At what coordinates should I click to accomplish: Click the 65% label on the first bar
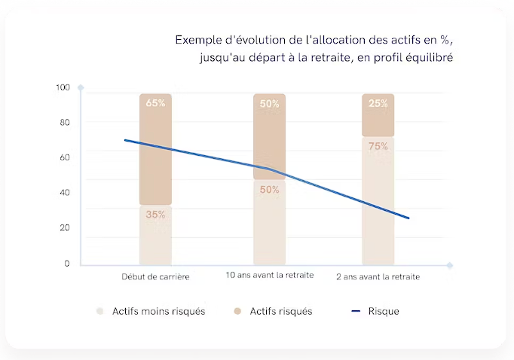pos(155,103)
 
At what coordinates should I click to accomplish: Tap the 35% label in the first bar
pos(155,215)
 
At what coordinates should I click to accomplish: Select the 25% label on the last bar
pos(378,104)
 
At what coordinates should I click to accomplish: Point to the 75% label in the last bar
pos(378,147)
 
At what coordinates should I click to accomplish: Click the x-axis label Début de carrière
pos(155,276)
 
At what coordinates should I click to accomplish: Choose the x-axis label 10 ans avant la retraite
pos(270,276)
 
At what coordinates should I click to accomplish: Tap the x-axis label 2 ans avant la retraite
pos(378,276)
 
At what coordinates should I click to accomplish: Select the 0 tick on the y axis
pos(67,264)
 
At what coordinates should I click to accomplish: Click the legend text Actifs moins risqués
pos(158,311)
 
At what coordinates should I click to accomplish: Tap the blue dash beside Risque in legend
pos(356,311)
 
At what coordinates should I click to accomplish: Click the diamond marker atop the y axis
pos(81,88)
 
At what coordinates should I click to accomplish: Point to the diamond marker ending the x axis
pos(450,265)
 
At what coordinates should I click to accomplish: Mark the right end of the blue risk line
pos(408,218)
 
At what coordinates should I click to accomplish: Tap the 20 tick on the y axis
pos(65,227)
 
